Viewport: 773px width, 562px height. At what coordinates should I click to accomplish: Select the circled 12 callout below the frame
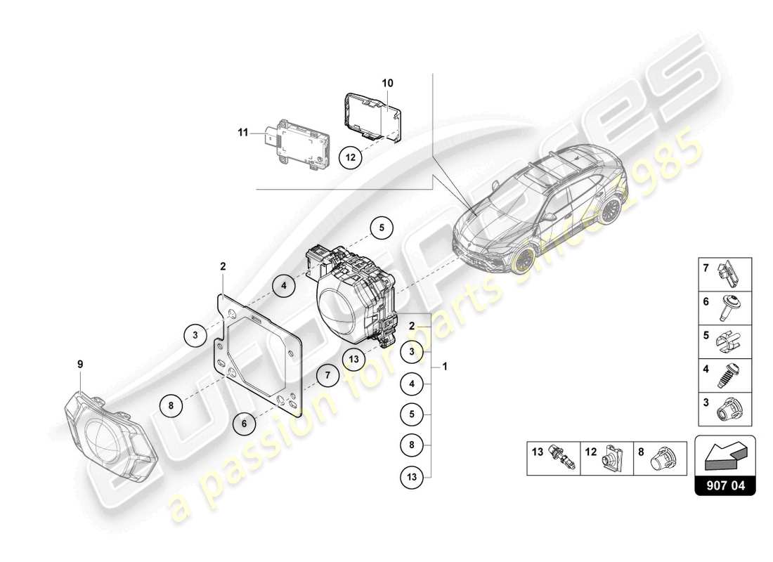(x=351, y=157)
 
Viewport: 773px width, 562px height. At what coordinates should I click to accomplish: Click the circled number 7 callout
(x=327, y=375)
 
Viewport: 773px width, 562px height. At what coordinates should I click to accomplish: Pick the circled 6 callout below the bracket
(x=244, y=423)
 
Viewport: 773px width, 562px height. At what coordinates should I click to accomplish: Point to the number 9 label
(x=80, y=364)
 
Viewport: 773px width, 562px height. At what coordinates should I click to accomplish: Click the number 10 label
(x=387, y=83)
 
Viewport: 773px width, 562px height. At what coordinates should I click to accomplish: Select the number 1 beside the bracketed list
(x=443, y=366)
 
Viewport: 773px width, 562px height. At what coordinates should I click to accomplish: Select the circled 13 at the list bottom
(x=413, y=477)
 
